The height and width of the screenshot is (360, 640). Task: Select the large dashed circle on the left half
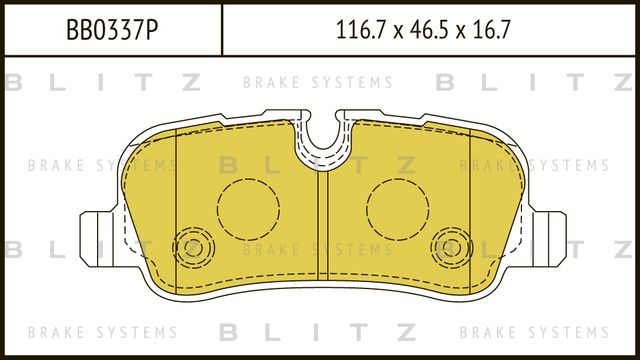click(248, 210)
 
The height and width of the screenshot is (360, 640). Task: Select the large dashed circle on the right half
click(397, 210)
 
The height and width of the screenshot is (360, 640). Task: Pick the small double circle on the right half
click(449, 245)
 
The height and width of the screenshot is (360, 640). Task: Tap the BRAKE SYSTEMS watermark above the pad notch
click(318, 83)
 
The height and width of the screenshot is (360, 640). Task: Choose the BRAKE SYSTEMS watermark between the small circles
click(318, 249)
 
